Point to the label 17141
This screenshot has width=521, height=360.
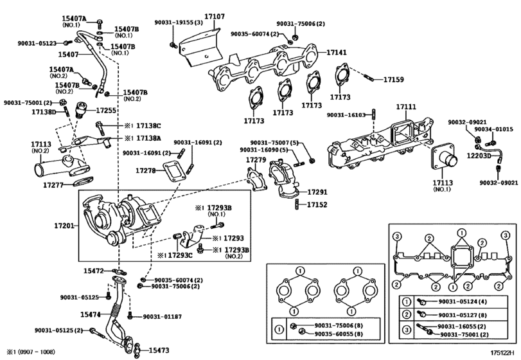pyautogui.click(x=337, y=52)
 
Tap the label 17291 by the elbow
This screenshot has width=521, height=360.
pyautogui.click(x=317, y=192)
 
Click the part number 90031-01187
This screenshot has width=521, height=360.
pyautogui.click(x=162, y=317)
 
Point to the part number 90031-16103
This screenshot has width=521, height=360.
pyautogui.click(x=346, y=115)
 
